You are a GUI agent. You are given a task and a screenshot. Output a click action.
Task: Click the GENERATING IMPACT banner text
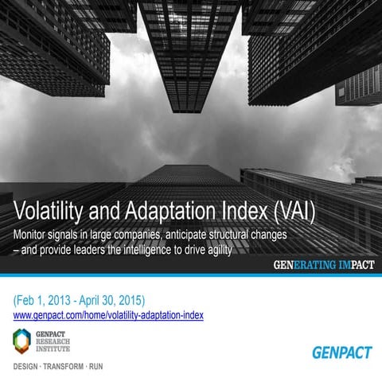(x=322, y=266)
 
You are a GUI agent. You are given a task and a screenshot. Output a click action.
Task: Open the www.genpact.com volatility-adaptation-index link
(x=109, y=315)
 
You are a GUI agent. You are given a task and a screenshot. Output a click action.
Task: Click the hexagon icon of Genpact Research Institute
(x=23, y=341)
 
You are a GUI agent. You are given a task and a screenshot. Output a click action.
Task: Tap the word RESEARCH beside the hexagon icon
(x=52, y=341)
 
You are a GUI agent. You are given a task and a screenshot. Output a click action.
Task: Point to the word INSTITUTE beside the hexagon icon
(x=52, y=349)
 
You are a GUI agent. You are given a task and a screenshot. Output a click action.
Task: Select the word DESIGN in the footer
(x=29, y=369)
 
